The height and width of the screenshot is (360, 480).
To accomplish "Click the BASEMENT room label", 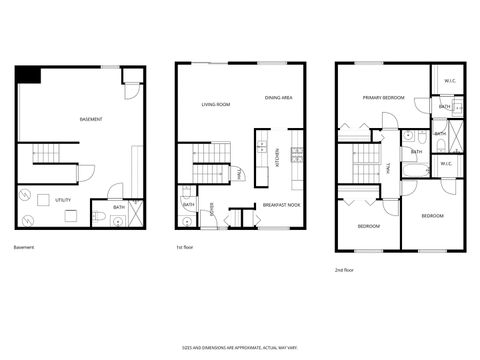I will [x=91, y=119].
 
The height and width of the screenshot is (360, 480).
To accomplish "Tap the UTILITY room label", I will [x=62, y=200].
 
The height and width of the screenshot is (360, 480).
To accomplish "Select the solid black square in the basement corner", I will [x=27, y=75].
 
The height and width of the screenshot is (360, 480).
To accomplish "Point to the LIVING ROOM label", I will [x=215, y=104].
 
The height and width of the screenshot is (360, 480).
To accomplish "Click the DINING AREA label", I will [x=278, y=98].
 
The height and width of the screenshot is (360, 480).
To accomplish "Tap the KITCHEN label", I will [x=277, y=157].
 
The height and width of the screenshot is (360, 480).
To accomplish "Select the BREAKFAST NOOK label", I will [x=281, y=205].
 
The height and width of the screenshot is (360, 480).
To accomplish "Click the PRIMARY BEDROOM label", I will [x=383, y=97].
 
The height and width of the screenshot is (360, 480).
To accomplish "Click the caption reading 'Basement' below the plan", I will [x=25, y=247].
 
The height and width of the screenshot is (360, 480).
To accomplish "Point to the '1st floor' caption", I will [x=184, y=247].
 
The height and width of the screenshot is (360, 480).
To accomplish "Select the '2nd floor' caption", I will [x=345, y=269].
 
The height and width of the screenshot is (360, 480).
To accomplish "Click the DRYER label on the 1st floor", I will [x=211, y=211].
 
